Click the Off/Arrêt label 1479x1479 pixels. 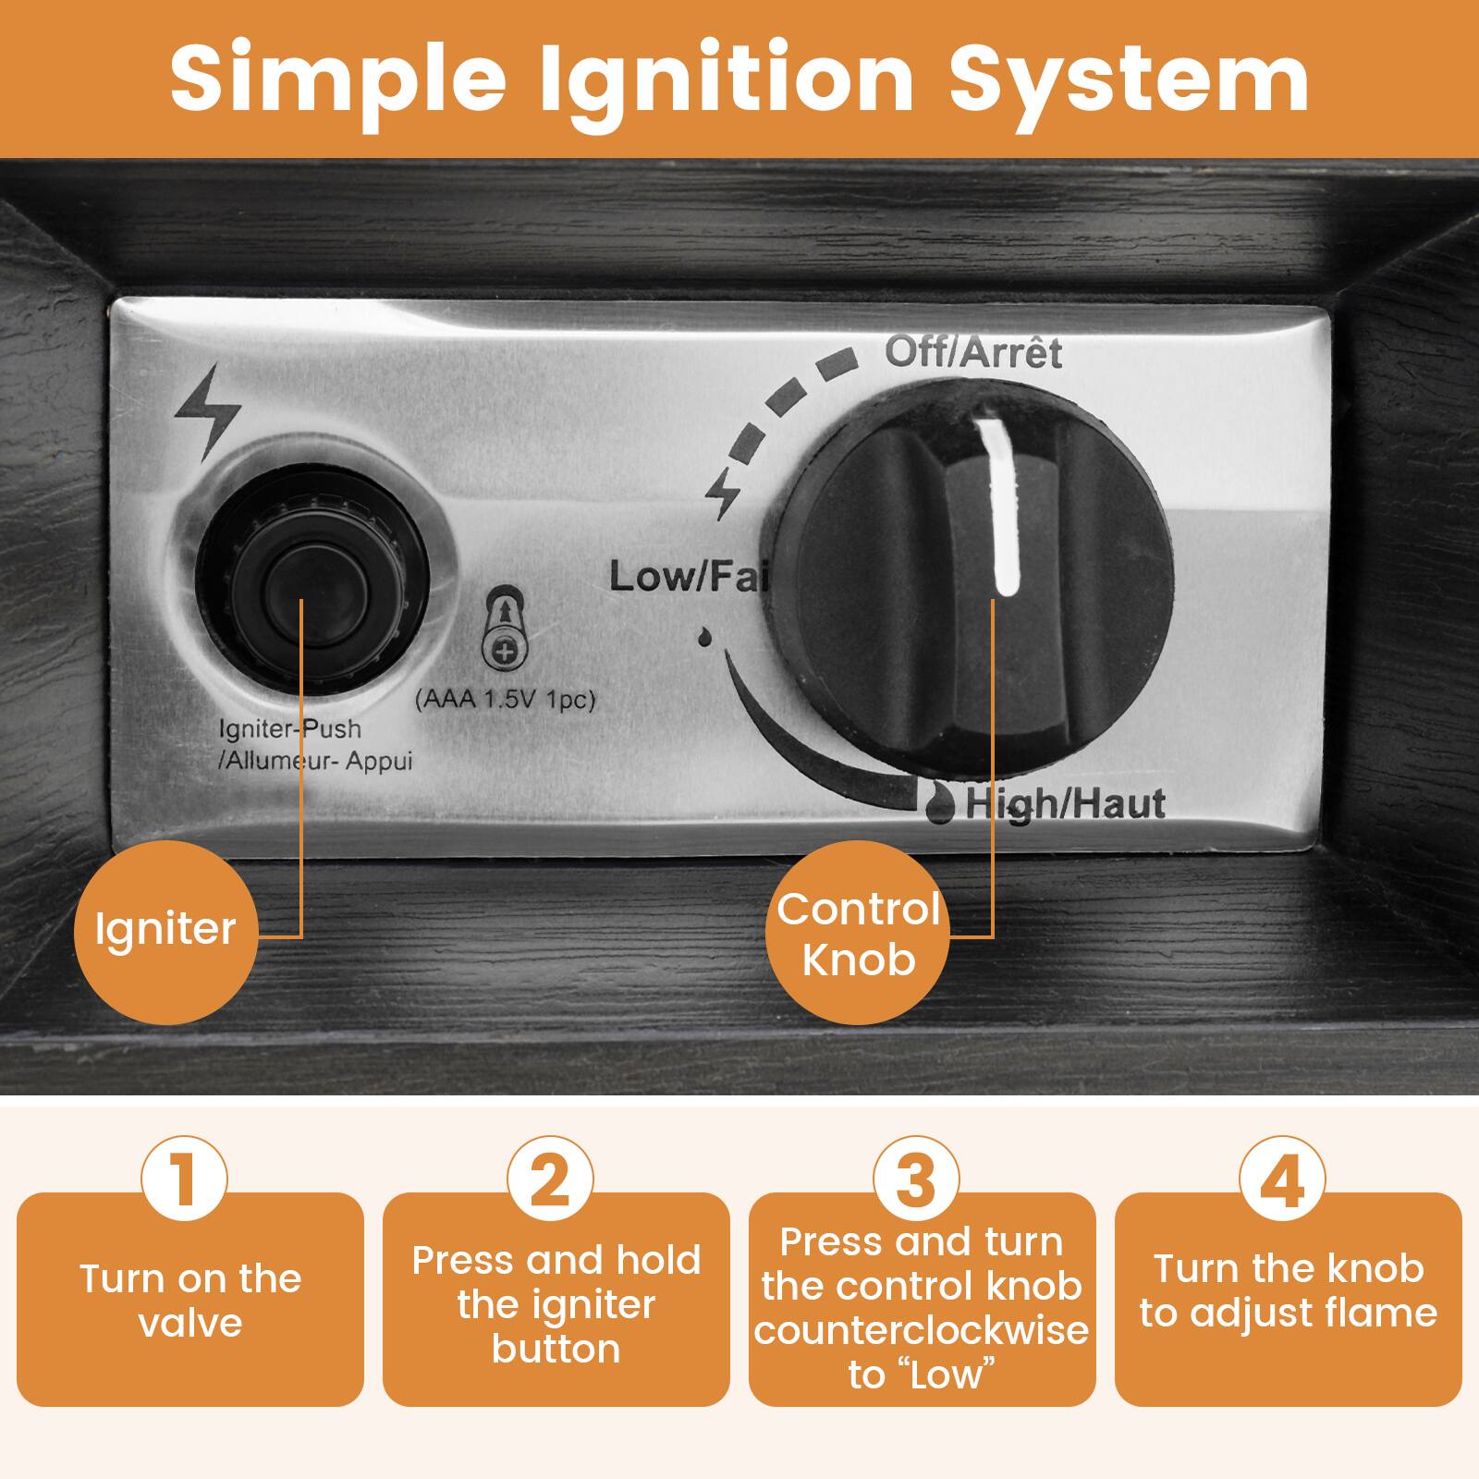pyautogui.click(x=972, y=351)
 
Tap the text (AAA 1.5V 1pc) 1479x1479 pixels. pyautogui.click(x=505, y=700)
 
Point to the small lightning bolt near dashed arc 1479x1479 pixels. pyautogui.click(x=723, y=495)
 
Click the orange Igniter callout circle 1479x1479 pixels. pyautogui.click(x=165, y=930)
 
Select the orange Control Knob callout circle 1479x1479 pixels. pyautogui.click(x=859, y=935)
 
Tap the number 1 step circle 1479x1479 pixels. pyautogui.click(x=184, y=1180)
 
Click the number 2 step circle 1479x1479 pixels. pyautogui.click(x=551, y=1180)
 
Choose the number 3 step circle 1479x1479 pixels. pyautogui.click(x=916, y=1180)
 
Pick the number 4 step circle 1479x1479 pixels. pyautogui.click(x=1282, y=1180)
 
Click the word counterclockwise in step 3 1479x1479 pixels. pyautogui.click(x=921, y=1330)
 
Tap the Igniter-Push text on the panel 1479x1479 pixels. pyautogui.click(x=289, y=729)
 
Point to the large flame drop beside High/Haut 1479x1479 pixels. pyautogui.click(x=940, y=803)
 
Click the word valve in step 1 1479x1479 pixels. pyautogui.click(x=190, y=1323)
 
